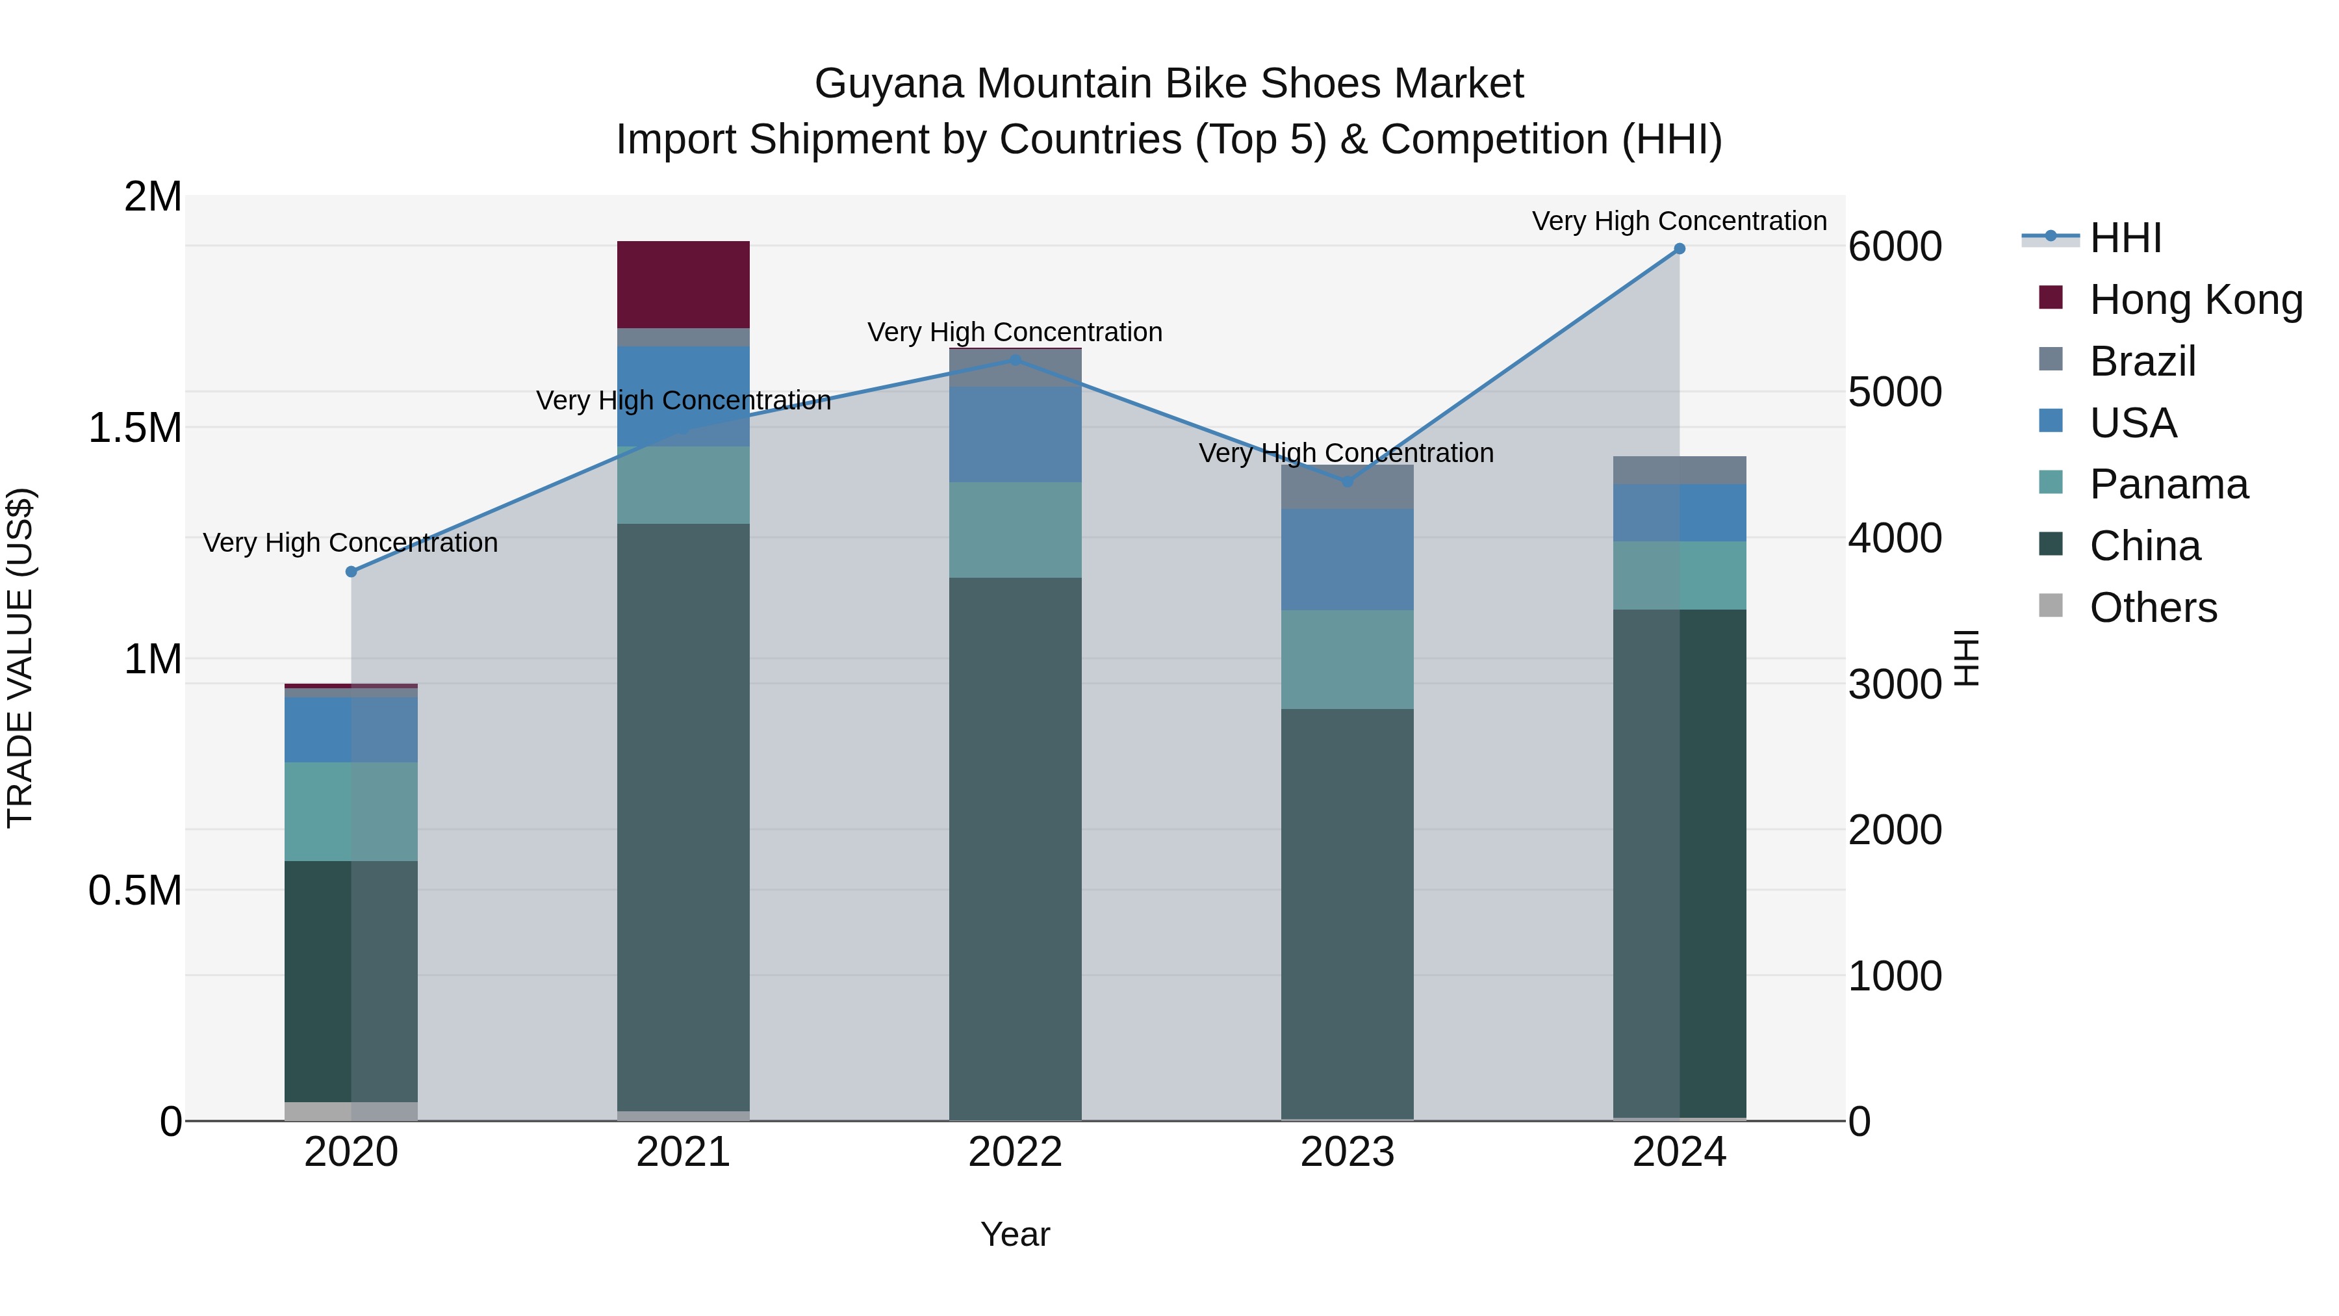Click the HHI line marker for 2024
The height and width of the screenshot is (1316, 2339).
(x=1679, y=249)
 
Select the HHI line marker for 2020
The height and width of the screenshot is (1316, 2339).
(x=351, y=571)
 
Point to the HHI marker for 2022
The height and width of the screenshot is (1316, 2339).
(x=1015, y=359)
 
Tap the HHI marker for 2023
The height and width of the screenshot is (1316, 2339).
(x=1348, y=482)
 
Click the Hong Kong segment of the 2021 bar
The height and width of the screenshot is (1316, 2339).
(x=683, y=284)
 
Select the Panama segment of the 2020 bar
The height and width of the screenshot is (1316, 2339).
(x=351, y=811)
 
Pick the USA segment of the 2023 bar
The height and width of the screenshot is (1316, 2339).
(x=1348, y=560)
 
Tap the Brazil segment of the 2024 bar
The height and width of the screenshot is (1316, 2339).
(x=1679, y=471)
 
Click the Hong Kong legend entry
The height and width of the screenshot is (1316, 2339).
(x=2195, y=300)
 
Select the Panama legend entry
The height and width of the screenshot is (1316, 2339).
(x=2168, y=484)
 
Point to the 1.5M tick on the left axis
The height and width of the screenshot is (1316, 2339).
(x=135, y=428)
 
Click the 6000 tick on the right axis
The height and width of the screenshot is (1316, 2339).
(x=1894, y=247)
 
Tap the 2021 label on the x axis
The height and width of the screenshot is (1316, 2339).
(x=683, y=1152)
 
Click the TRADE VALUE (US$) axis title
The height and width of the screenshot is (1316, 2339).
(x=21, y=658)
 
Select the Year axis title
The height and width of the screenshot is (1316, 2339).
(x=1015, y=1234)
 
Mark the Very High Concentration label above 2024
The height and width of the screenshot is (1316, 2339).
(x=1679, y=221)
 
